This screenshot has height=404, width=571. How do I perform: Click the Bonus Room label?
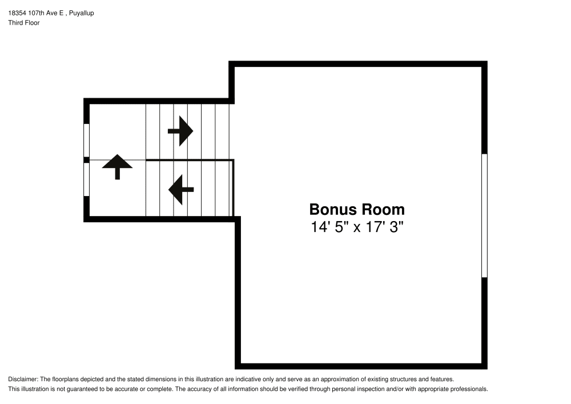(x=357, y=210)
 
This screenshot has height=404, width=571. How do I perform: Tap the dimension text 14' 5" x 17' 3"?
(x=357, y=227)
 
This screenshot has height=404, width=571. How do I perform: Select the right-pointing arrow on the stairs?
(x=180, y=131)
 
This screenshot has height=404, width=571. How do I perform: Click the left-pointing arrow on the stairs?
(x=181, y=190)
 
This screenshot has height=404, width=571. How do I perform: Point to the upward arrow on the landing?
(x=117, y=167)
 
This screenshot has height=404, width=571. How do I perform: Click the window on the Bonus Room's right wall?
(x=484, y=215)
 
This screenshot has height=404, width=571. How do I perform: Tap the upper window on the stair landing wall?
(x=86, y=140)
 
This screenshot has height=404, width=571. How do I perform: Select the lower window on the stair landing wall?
(x=86, y=179)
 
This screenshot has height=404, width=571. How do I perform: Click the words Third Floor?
(x=24, y=23)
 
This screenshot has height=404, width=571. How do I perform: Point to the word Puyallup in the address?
(x=81, y=13)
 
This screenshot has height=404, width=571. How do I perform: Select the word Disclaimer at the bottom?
(x=23, y=379)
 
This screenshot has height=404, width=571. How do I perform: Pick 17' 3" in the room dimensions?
(x=384, y=227)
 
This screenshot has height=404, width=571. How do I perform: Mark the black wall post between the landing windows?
(x=86, y=160)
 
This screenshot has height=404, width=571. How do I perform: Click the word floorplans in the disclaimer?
(x=65, y=379)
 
